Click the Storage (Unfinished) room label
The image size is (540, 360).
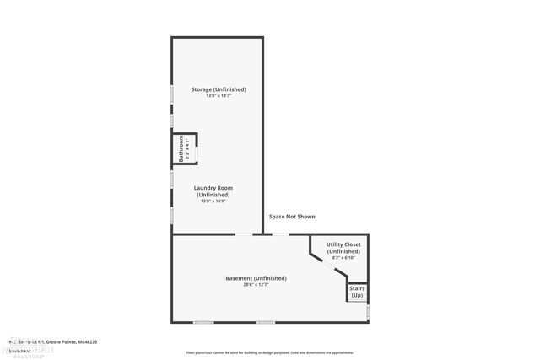[218, 89]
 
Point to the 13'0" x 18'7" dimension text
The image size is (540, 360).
[218, 96]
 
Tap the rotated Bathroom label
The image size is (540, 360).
[181, 148]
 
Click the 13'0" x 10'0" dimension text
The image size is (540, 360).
[213, 201]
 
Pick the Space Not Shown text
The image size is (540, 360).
[292, 217]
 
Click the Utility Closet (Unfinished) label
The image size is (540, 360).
[343, 248]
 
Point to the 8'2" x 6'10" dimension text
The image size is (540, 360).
[343, 257]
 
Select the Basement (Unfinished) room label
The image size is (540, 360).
[256, 278]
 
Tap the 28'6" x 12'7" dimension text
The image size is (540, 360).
[256, 285]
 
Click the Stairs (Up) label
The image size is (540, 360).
[357, 292]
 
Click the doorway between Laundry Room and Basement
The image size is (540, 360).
[242, 234]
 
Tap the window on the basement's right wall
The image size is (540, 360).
[368, 312]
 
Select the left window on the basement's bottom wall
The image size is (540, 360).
[203, 322]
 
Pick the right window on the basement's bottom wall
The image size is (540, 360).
[266, 322]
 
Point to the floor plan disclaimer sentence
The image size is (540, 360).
[270, 352]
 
